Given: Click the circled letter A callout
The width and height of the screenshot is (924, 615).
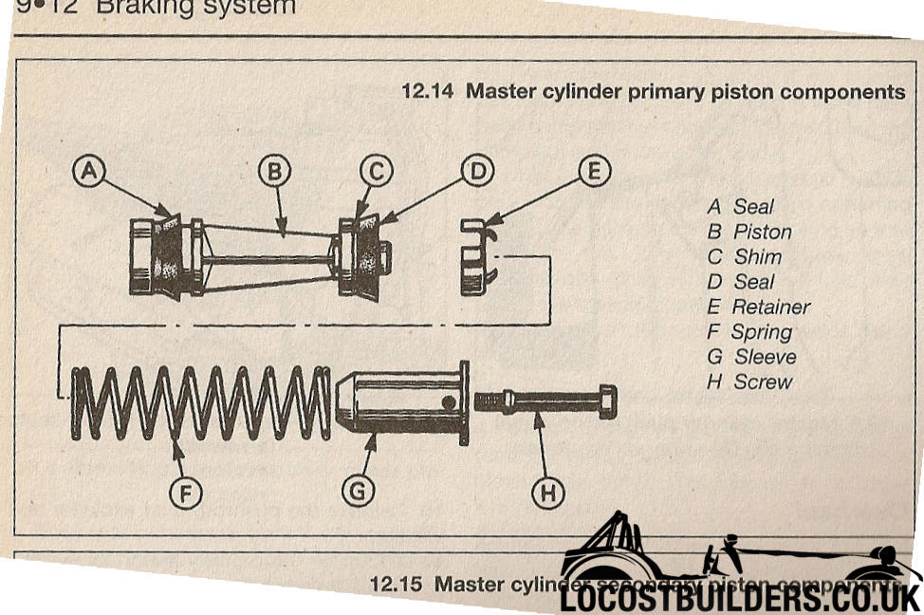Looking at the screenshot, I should (89, 171).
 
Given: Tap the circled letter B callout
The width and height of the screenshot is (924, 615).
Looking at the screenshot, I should (274, 171).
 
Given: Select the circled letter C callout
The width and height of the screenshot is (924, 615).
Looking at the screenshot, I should (377, 171).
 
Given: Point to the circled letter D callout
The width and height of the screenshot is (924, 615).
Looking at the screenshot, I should (478, 171).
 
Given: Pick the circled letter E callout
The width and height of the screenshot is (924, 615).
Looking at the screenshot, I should (594, 171).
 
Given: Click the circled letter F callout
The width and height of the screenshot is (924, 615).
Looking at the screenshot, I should (186, 492).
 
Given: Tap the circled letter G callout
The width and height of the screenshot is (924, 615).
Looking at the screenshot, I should (359, 492).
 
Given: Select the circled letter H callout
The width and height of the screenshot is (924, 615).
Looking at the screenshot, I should (547, 492).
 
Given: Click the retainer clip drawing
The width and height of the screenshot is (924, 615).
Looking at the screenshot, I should (478, 256).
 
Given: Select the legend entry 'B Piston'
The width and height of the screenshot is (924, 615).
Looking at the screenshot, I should (749, 232).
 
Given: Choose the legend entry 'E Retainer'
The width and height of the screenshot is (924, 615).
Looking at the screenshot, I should (759, 307).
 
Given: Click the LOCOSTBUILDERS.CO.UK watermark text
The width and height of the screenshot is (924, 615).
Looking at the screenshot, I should (740, 598).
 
